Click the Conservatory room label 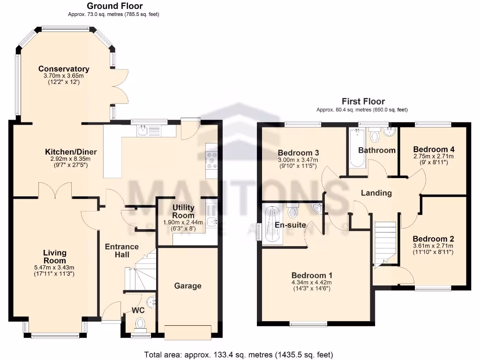pos(64,69)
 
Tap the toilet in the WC pos(140,323)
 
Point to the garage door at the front pos(188,332)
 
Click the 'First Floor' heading pos(363,101)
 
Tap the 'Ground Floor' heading pos(115,6)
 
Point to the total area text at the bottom pos(240,354)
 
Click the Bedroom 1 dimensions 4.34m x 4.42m pos(311,282)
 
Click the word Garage pos(187,286)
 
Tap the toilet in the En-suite pos(293,211)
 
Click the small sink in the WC pos(151,300)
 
